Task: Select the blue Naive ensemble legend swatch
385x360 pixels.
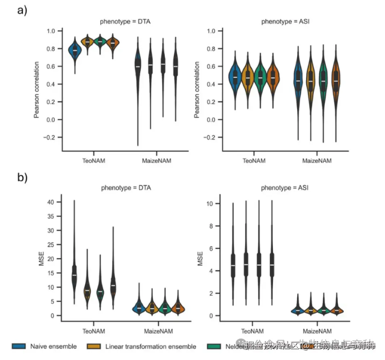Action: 19,346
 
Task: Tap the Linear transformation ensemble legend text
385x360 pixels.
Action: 151,346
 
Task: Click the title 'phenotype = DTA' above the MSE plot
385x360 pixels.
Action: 125,188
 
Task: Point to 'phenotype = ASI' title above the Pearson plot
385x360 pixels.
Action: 285,22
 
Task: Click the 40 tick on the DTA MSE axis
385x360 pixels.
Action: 51,202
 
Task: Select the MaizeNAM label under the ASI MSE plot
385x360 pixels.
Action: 316,331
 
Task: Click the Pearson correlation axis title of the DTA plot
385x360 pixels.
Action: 36,90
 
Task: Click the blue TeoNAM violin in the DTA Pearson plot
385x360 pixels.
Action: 75,50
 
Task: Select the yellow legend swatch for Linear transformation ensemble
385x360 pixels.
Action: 93,346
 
